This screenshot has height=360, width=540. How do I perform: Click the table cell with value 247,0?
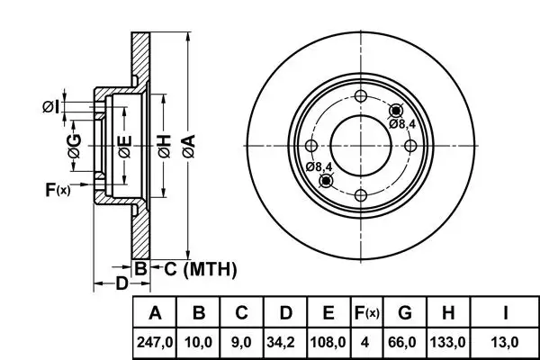tap(155, 343)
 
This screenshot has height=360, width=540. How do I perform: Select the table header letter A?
tap(155, 314)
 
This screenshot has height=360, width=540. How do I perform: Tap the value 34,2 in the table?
tap(284, 343)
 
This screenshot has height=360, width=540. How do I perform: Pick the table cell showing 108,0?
tap(328, 343)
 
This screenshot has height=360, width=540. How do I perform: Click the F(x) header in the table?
tap(365, 314)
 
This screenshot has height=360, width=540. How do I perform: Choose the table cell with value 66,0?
tap(405, 343)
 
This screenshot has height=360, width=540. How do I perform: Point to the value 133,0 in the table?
tap(448, 343)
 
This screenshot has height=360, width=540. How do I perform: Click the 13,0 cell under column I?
tap(506, 343)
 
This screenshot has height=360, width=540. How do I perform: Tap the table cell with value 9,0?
tap(241, 343)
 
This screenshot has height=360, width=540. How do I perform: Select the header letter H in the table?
tap(448, 314)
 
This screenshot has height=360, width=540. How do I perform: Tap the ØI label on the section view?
tap(51, 108)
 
